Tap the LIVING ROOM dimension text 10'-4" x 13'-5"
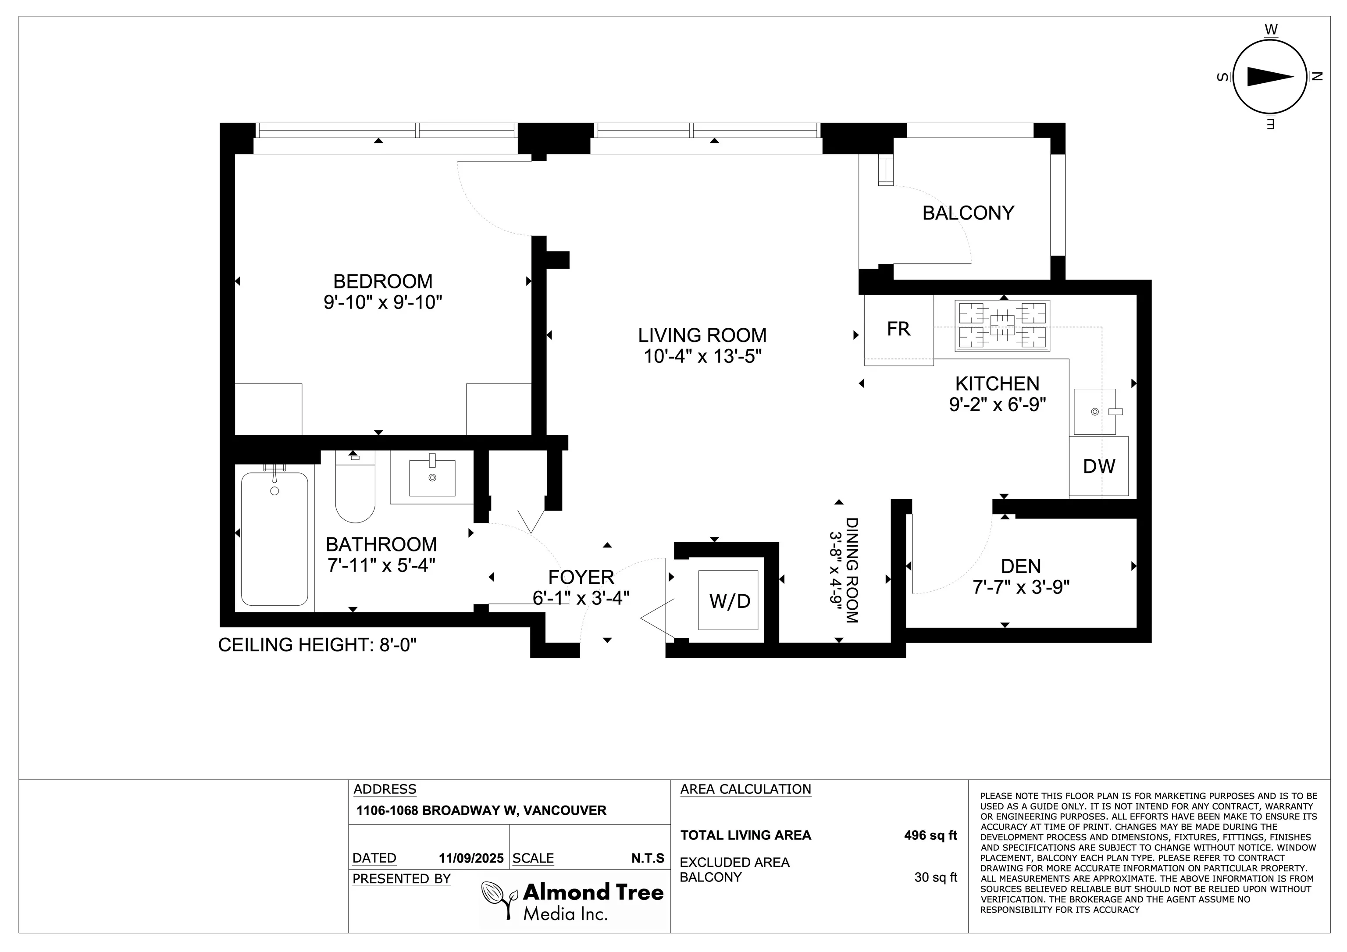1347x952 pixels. pos(702,356)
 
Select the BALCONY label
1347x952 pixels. pos(968,213)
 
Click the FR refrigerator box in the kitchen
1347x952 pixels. pos(899,330)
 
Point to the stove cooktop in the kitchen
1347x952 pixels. pos(1002,326)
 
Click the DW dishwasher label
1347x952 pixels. pos(1099,466)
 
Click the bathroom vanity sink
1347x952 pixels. pos(432,477)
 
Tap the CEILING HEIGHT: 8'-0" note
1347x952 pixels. pos(317,645)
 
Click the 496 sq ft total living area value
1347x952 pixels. pos(930,835)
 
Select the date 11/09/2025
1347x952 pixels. pos(471,858)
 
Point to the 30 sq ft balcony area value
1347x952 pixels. pos(936,877)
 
